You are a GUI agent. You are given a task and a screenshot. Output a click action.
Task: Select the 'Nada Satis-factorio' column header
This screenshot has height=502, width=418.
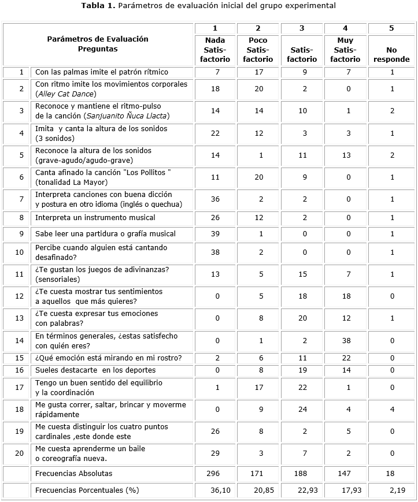pos(215,50)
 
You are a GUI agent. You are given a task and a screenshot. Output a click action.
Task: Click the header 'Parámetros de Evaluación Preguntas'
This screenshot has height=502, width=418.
pos(98,44)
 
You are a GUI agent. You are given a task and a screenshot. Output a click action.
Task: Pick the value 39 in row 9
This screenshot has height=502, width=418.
pos(215,234)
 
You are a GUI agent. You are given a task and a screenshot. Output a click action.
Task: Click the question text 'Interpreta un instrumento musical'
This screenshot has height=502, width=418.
pos(95,218)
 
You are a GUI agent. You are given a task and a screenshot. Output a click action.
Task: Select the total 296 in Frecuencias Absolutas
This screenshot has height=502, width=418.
pos(215,473)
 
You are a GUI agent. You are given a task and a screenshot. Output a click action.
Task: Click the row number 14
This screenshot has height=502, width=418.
pos(21,341)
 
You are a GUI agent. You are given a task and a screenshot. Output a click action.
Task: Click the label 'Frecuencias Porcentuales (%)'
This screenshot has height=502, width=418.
pos(87,490)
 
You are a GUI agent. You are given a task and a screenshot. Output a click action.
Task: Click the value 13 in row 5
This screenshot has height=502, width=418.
pos(346,155)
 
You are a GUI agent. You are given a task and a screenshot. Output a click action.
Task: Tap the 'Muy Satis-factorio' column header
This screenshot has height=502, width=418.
pos(346,50)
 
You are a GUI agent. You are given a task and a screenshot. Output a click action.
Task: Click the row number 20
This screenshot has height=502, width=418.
pos(21,454)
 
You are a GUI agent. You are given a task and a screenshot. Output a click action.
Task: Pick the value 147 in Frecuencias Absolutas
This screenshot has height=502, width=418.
pos(346,473)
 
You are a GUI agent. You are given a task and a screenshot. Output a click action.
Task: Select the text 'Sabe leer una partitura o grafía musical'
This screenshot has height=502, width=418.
pos(105,234)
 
